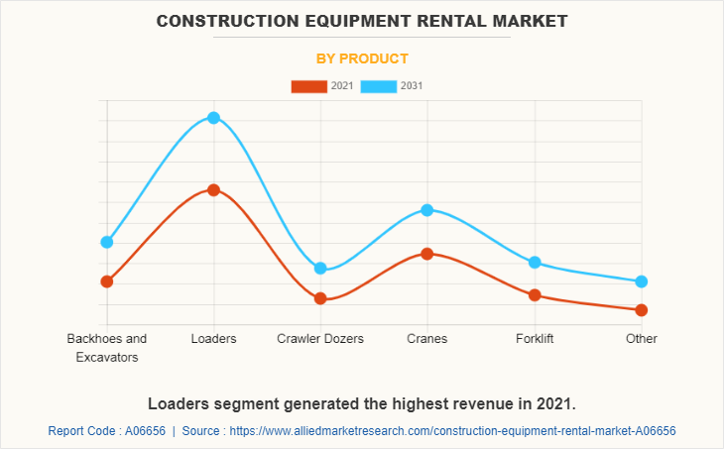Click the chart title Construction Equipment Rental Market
[x=362, y=20]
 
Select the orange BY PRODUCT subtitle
[x=362, y=58]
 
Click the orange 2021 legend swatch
[x=308, y=86]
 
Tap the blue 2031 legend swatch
[x=378, y=86]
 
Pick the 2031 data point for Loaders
[x=213, y=118]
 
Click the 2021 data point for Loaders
[x=213, y=189]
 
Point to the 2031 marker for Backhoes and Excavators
[x=106, y=242]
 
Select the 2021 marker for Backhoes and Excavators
[x=106, y=281]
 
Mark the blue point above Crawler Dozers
[x=320, y=269]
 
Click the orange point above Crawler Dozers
[x=320, y=298]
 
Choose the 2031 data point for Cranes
[x=427, y=210]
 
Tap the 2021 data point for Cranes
[x=427, y=254]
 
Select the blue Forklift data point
[x=535, y=263]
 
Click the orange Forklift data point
[x=535, y=295]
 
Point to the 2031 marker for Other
[x=642, y=281]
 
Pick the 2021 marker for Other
[x=642, y=310]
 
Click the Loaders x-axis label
[x=213, y=339]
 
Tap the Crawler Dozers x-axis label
[x=320, y=339]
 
